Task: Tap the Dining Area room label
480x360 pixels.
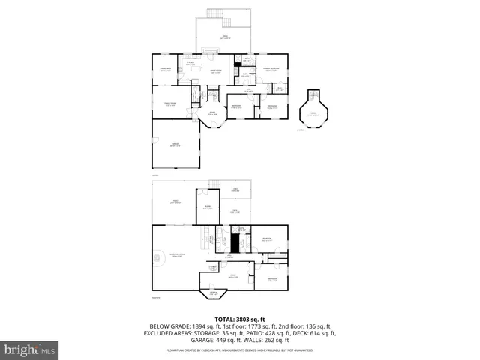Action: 166,70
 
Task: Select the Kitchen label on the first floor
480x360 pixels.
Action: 190,64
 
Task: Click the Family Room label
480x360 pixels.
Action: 170,104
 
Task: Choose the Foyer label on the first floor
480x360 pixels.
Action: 212,113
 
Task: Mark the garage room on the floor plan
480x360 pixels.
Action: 174,145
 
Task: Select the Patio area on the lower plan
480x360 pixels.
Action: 176,202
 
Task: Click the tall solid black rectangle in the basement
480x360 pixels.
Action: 234,244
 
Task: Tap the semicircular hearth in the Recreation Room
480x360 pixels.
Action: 158,259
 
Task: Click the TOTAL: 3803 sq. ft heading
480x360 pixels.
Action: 239,319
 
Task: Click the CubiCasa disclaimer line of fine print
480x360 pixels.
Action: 239,350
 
